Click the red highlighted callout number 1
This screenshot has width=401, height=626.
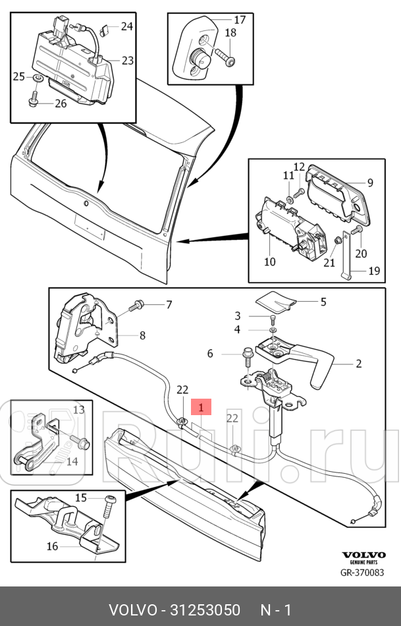pos(201,408)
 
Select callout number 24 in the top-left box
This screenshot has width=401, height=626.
pos(127,26)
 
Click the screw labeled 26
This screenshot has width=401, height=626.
pos(34,100)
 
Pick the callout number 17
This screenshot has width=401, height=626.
pos(240,19)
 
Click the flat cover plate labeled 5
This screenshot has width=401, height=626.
pos(275,301)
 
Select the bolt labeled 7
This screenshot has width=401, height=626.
pos(136,306)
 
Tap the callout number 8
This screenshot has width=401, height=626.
pos(142,335)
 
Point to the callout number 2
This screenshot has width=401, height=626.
pos(359,364)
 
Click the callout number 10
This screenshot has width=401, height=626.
pos(270,262)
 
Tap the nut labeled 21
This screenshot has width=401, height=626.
pos(337,241)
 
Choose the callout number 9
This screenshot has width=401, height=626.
pos(370,183)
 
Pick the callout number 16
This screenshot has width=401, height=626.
pos(52,546)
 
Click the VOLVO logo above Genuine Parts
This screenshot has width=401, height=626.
pos(363,555)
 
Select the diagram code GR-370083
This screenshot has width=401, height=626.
pos(362,573)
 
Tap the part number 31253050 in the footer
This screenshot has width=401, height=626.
pos(205,610)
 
